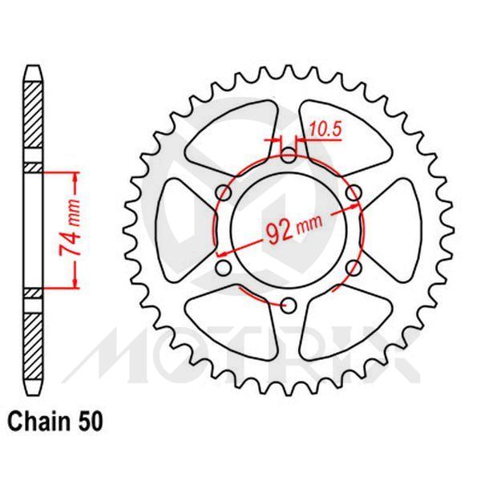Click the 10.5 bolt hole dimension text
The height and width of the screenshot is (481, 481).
[321, 126]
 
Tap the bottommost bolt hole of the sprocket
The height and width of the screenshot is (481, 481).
[289, 304]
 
